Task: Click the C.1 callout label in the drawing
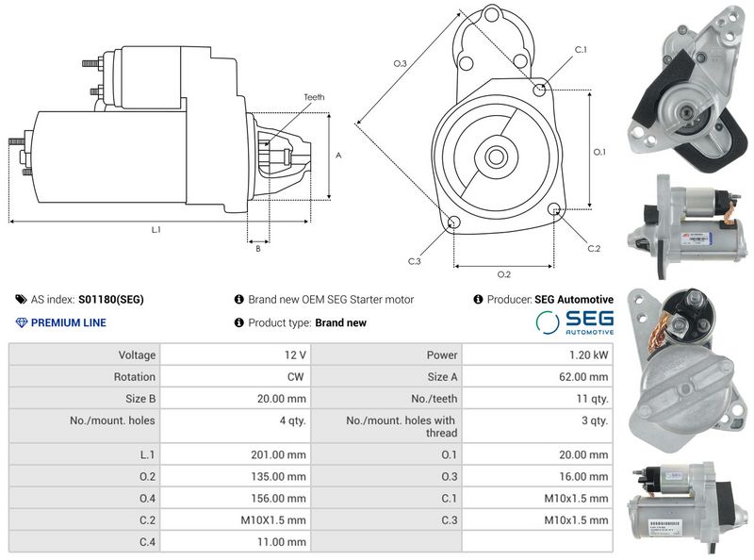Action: coord(581,50)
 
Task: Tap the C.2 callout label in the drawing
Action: coord(594,248)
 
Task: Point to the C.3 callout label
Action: coord(414,261)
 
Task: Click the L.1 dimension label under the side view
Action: coord(156,229)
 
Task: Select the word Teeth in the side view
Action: coord(314,97)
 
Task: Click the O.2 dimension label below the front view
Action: coord(504,274)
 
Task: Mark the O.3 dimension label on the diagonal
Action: coord(400,63)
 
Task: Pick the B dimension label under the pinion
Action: coord(258,249)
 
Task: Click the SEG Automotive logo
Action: coord(575,322)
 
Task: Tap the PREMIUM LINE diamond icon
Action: coord(22,322)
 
